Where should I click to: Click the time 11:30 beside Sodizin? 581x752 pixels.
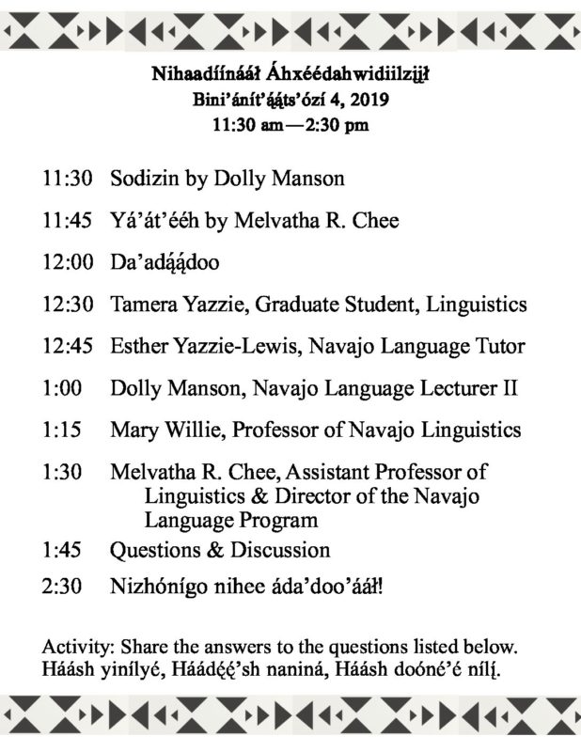pyautogui.click(x=66, y=177)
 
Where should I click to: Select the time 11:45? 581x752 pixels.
pyautogui.click(x=66, y=220)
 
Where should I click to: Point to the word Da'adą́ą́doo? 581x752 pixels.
pyautogui.click(x=165, y=262)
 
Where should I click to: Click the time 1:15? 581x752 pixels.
pyautogui.click(x=61, y=430)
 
